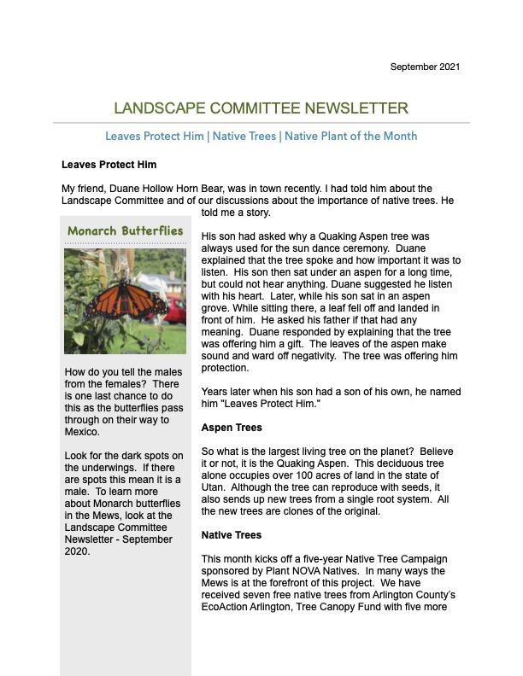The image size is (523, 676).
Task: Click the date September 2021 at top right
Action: coord(426,67)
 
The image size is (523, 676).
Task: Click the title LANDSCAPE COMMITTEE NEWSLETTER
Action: coord(261,108)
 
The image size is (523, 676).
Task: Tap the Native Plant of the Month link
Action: coord(350,137)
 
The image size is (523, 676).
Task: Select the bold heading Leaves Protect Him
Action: coord(109,164)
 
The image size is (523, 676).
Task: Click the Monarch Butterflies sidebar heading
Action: coord(125,231)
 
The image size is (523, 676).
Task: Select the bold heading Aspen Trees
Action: coord(231,427)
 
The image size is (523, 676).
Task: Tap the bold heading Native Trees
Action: coord(231,535)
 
